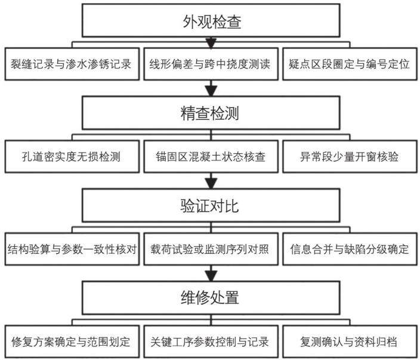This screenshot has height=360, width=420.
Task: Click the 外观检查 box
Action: pyautogui.click(x=211, y=20)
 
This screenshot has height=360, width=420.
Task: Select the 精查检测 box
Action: pyautogui.click(x=211, y=113)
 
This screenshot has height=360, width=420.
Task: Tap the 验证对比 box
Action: pyautogui.click(x=211, y=206)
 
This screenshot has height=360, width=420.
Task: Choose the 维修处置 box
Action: pyautogui.click(x=211, y=297)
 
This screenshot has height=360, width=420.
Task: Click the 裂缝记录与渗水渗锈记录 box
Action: pyautogui.click(x=72, y=64)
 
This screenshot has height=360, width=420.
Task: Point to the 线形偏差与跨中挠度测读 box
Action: pyautogui.click(x=211, y=64)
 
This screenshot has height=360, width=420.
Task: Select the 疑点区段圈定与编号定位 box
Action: pyautogui.click(x=350, y=64)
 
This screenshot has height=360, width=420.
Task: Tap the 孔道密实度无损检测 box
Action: pyautogui.click(x=72, y=157)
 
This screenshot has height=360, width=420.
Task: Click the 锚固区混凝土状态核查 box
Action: pyautogui.click(x=211, y=157)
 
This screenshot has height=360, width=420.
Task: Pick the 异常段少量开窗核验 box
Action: pyautogui.click(x=350, y=157)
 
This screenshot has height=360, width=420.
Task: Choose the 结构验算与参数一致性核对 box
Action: pyautogui.click(x=72, y=249)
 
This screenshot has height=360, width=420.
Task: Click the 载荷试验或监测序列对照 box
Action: pyautogui.click(x=211, y=249)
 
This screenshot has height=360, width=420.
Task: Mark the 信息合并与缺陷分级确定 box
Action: pyautogui.click(x=350, y=249)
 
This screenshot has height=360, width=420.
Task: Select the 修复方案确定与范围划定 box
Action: pyautogui.click(x=72, y=342)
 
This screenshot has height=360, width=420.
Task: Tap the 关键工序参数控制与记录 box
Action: pyautogui.click(x=211, y=342)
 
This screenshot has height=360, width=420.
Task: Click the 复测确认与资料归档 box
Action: pyautogui.click(x=350, y=342)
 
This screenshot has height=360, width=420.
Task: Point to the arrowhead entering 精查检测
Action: pyautogui.click(x=211, y=91)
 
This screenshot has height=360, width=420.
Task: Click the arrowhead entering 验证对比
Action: pyautogui.click(x=211, y=184)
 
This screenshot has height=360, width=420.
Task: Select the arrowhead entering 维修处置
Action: pyautogui.click(x=211, y=276)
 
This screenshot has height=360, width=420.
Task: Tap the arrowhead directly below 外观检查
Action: pyautogui.click(x=211, y=44)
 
